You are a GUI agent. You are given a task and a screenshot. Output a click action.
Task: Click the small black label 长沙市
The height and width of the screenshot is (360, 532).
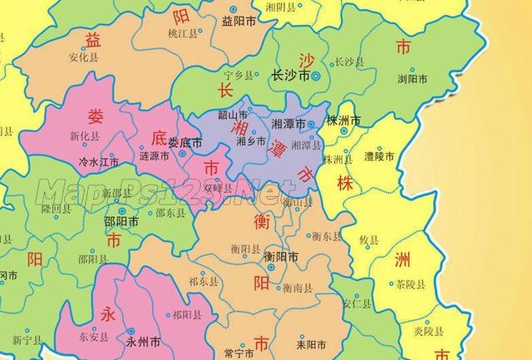click(290, 76)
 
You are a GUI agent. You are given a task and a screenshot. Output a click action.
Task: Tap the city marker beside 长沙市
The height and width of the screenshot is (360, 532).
click(316, 76)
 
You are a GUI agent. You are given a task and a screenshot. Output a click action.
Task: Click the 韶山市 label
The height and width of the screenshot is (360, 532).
click(232, 115)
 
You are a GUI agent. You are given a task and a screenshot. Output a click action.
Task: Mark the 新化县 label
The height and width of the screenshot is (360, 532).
click(84, 136)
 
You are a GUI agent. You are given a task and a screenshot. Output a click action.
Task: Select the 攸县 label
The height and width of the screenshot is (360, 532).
click(369, 239)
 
